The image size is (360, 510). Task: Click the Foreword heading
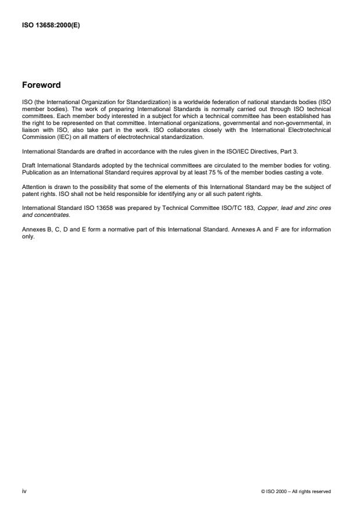pyautogui.click(x=41, y=85)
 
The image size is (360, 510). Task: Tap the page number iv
pyautogui.click(x=24, y=491)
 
